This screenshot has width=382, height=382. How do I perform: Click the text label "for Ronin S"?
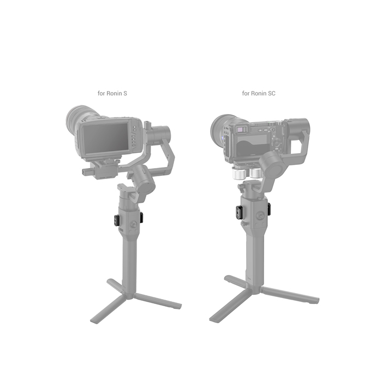(112, 93)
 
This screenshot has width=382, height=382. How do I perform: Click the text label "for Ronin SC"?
(259, 93)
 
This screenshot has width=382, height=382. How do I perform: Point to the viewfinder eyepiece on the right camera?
(241, 129)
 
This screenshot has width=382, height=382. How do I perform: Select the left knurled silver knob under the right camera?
(238, 174)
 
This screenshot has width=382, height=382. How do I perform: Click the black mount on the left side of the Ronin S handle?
(116, 220)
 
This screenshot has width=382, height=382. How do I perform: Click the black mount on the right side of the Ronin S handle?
(141, 218)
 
